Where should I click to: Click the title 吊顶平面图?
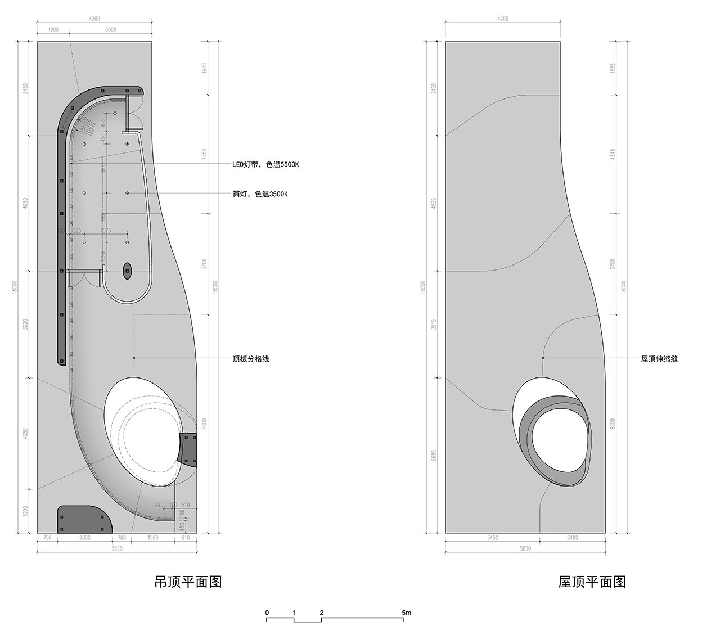(188, 582)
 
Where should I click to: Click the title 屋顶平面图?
(592, 582)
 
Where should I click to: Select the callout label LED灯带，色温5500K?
(266, 165)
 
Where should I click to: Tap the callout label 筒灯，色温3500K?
(260, 194)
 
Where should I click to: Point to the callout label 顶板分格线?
(251, 358)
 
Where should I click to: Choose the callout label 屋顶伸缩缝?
(659, 358)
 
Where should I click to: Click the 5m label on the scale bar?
(407, 613)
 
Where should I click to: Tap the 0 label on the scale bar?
(267, 613)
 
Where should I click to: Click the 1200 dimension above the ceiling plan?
(53, 30)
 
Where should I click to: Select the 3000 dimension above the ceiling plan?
(111, 30)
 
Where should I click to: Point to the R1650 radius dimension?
(88, 121)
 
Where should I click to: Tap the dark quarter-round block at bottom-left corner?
(82, 518)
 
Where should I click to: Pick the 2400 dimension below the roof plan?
(572, 538)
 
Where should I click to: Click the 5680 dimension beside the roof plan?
(433, 454)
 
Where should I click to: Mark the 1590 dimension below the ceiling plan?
(153, 538)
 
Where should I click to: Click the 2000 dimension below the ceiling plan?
(84, 538)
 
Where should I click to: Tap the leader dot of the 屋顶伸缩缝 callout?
(543, 358)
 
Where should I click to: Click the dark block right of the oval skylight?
(189, 449)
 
